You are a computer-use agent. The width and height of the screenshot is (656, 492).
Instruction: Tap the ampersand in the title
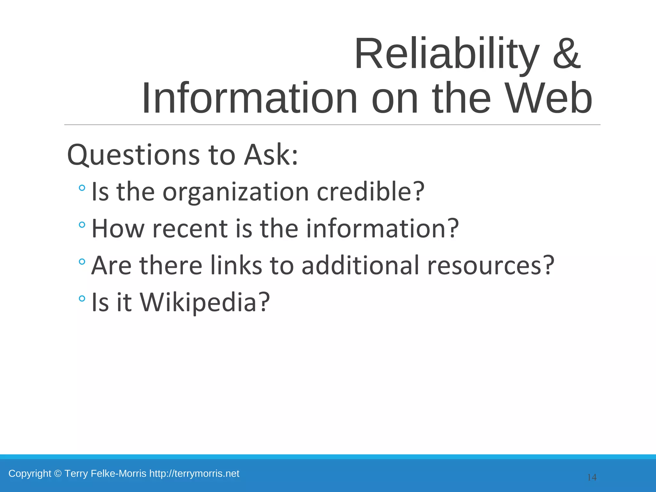(566, 54)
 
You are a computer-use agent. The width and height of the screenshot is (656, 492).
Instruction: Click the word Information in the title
(249, 98)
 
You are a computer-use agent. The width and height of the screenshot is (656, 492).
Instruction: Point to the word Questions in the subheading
(133, 155)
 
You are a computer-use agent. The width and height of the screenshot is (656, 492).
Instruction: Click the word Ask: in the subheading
(271, 155)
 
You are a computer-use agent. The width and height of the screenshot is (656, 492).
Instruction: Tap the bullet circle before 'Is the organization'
(82, 188)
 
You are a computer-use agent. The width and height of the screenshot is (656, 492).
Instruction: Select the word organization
(235, 192)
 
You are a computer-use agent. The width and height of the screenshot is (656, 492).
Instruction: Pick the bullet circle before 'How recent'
(82, 225)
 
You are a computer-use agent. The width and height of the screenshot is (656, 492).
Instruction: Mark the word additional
(360, 266)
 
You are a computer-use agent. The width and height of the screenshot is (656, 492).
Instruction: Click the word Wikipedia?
(205, 302)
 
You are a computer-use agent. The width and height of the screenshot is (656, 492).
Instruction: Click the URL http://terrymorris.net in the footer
(194, 473)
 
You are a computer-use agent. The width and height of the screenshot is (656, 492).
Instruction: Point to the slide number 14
(592, 478)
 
